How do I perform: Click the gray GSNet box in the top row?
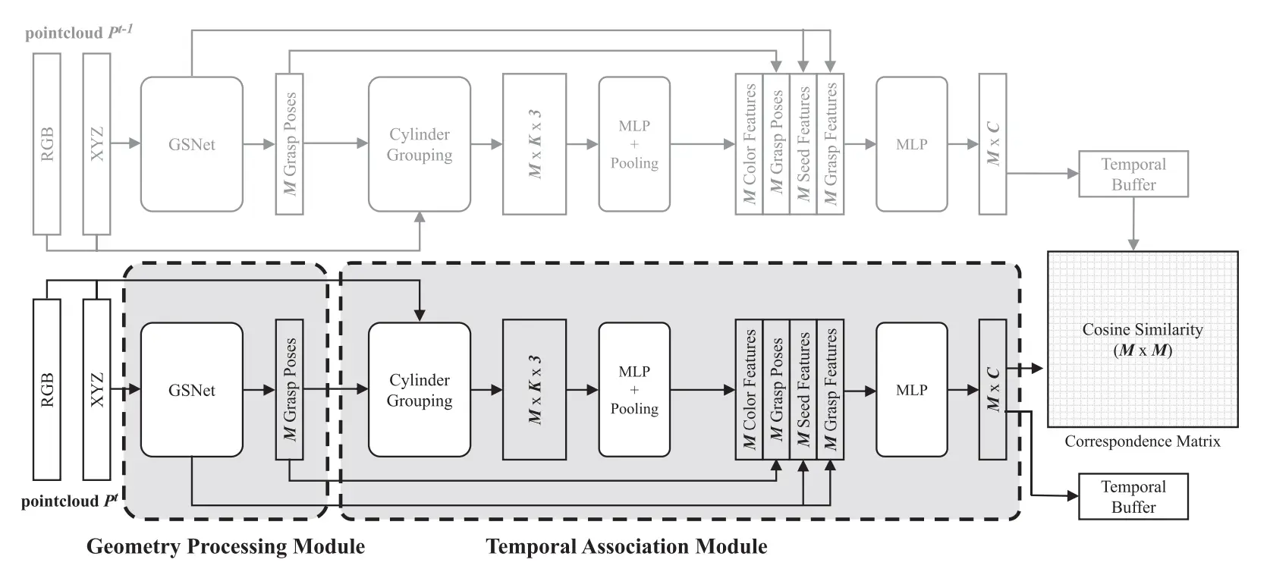[x=191, y=144]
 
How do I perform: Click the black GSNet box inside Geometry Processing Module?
[x=191, y=390]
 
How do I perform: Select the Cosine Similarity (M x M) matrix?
[x=1142, y=339]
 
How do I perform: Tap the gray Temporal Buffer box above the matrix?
[x=1133, y=174]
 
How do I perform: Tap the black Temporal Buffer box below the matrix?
[x=1133, y=497]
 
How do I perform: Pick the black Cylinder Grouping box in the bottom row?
[x=419, y=390]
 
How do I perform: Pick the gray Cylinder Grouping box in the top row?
[x=419, y=144]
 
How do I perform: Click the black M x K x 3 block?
[x=534, y=390]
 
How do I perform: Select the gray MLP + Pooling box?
[x=633, y=144]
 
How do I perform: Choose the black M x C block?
[x=992, y=390]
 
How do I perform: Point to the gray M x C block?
[x=992, y=144]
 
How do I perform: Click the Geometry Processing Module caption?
[x=225, y=546]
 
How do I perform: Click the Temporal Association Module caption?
[x=626, y=546]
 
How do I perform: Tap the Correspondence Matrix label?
[x=1142, y=442]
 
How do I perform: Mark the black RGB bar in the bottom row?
[x=46, y=390]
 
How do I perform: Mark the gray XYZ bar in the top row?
[x=96, y=144]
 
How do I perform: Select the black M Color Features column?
[x=749, y=390]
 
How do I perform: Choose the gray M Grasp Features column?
[x=831, y=144]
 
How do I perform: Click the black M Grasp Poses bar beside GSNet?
[x=289, y=390]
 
